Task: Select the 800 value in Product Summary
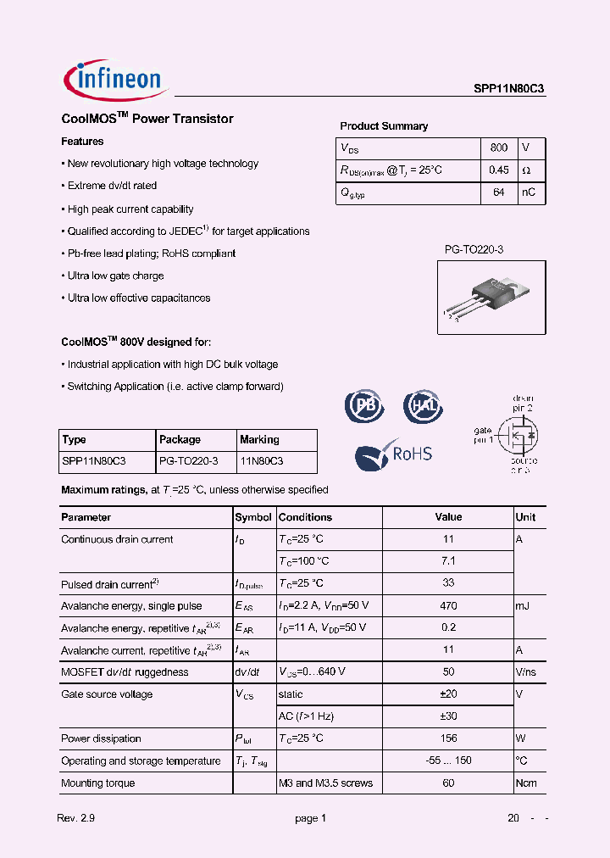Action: (x=499, y=148)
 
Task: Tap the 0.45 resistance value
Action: (x=499, y=170)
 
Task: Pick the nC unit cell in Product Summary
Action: (x=528, y=192)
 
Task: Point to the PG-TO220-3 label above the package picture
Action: (x=474, y=250)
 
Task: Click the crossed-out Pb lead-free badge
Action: (x=363, y=406)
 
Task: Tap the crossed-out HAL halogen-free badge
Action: (x=421, y=406)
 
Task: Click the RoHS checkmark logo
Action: (x=393, y=454)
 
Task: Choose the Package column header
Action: (x=180, y=439)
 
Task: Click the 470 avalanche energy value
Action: (x=448, y=605)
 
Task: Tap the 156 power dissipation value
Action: (x=448, y=738)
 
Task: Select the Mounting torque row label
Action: (x=97, y=783)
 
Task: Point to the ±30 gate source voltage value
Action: (x=448, y=716)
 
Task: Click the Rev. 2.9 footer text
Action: (x=76, y=818)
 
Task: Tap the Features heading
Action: (x=82, y=142)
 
